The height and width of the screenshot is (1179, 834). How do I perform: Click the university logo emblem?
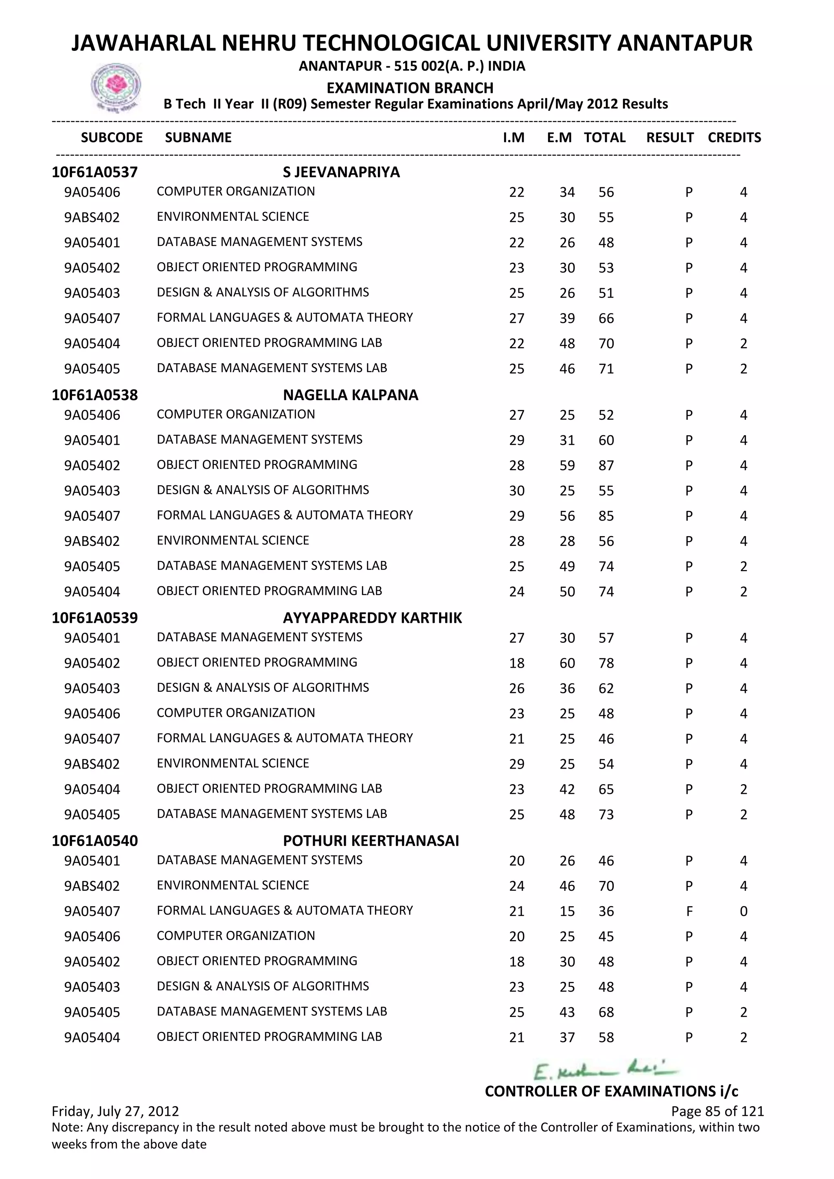pos(116,87)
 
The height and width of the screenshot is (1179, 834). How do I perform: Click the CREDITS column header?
pos(734,138)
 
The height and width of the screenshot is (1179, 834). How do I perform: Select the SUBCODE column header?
pos(112,138)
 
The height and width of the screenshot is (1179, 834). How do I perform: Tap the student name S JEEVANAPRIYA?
pos(341,172)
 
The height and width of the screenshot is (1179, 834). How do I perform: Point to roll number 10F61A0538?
pos(95,395)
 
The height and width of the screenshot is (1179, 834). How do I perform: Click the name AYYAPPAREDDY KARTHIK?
pos(372,618)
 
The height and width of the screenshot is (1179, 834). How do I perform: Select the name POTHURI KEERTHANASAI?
pos(371,841)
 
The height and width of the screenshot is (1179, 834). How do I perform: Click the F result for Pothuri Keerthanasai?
pos(689,912)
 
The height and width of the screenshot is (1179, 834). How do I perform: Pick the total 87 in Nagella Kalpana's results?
pos(606,466)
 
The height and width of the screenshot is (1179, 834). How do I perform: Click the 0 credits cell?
pos(743,912)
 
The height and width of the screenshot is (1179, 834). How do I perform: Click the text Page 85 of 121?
pos(717,1111)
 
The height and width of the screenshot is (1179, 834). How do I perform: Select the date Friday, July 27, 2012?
pos(116,1111)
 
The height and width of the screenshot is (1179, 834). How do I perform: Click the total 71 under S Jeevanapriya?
pos(606,369)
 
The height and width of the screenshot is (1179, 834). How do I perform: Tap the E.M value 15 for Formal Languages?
pos(567,912)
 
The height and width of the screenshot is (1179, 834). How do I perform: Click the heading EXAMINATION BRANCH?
pos(410,88)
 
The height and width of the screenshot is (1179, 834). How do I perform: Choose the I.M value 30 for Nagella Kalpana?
pos(517,491)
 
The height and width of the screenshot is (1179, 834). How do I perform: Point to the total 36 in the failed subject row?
pos(606,912)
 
